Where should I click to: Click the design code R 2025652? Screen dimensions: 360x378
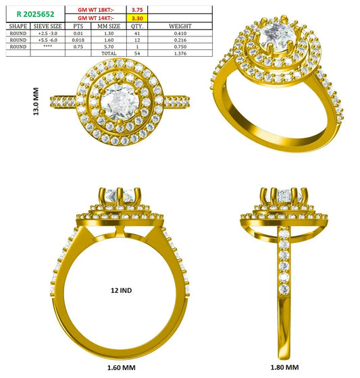coord(36,14)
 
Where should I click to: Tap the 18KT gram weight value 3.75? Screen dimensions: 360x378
coord(137,10)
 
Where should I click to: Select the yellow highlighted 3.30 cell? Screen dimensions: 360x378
coord(137,18)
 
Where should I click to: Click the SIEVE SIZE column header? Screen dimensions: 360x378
coord(47,26)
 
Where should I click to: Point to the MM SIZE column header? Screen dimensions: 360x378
coord(109,26)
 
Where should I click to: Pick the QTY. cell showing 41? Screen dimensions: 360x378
coord(137,33)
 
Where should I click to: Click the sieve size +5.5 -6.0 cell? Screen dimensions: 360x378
coord(47,40)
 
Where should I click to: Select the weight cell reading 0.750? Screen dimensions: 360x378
coord(180,47)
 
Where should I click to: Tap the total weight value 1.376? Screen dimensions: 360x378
coord(180,53)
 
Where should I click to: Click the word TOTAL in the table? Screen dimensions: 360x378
coord(109,53)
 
